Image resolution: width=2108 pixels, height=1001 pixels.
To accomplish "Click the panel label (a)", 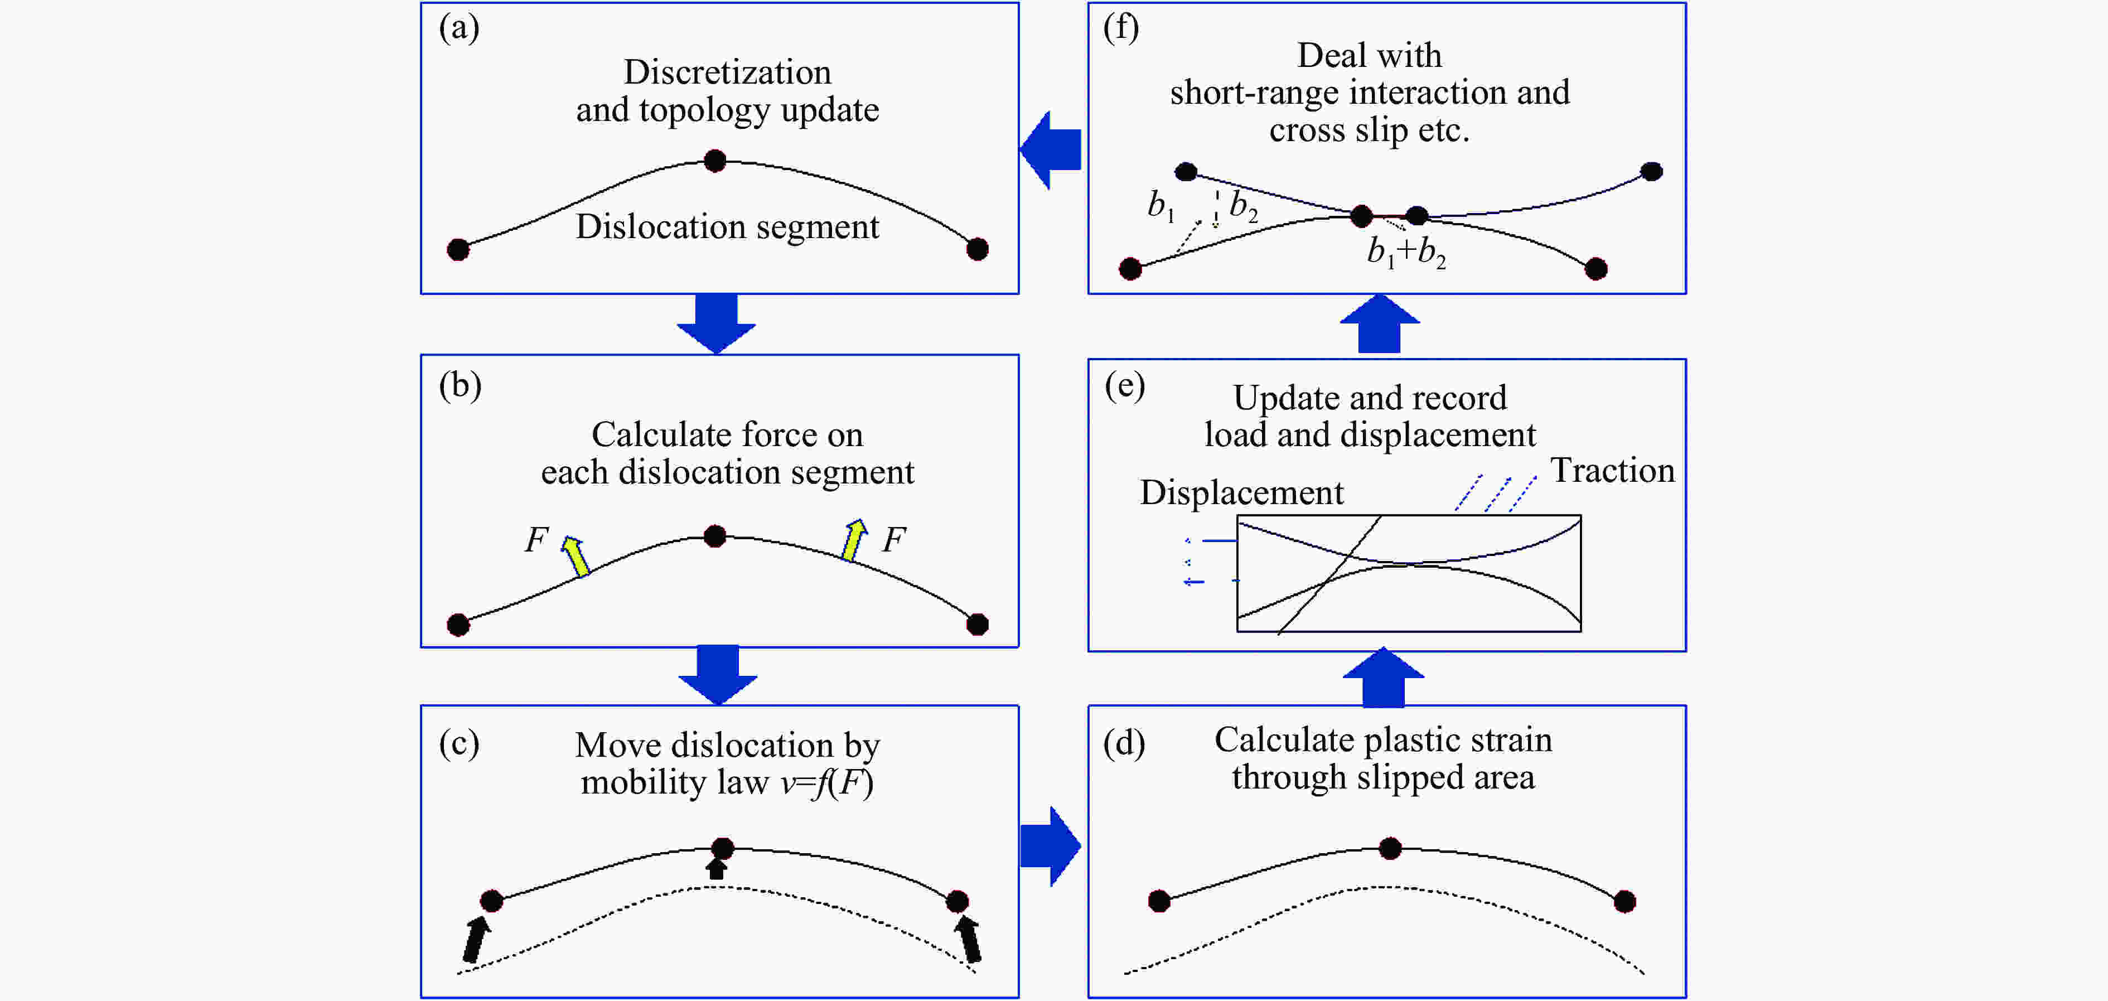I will tap(459, 28).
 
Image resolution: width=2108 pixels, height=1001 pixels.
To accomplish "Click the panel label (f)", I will tap(1120, 28).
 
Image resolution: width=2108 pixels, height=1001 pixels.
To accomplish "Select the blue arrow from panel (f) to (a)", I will tap(1052, 150).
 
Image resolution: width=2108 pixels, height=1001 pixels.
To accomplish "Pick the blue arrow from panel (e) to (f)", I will tap(1380, 324).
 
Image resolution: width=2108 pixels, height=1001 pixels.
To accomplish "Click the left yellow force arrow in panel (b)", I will tap(576, 556).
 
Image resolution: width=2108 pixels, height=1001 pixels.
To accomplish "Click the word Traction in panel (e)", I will tap(1612, 471).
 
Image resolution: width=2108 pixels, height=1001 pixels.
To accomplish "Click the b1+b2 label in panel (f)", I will tap(1406, 252).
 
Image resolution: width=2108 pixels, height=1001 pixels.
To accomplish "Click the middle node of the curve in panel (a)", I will tap(715, 161).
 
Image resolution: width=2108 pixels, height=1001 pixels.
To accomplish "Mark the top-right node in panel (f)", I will tap(1651, 172).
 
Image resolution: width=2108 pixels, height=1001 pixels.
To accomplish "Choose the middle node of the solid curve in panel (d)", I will tap(1390, 848).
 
